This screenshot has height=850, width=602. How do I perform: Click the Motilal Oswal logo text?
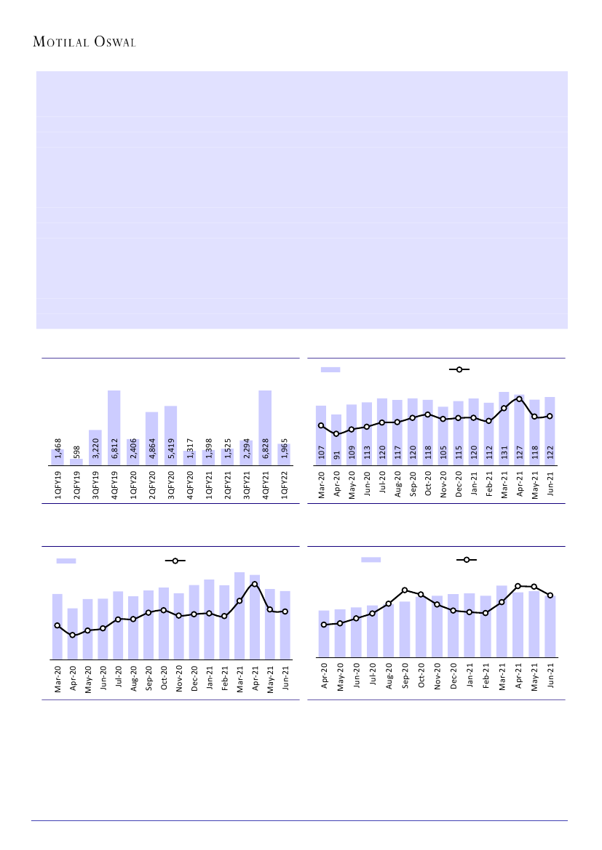coord(85,42)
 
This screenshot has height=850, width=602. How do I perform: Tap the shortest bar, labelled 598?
coord(76,461)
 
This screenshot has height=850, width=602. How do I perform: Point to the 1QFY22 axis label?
coord(285,485)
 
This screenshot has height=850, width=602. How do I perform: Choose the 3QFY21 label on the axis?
coord(247,485)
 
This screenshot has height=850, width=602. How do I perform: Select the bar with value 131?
coord(504,428)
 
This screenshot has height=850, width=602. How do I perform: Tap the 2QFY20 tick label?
coord(152,485)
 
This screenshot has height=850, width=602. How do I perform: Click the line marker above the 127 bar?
coord(519,398)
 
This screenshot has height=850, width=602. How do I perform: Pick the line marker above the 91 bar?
coord(336,434)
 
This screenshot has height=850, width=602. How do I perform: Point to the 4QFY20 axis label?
coord(190,485)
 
